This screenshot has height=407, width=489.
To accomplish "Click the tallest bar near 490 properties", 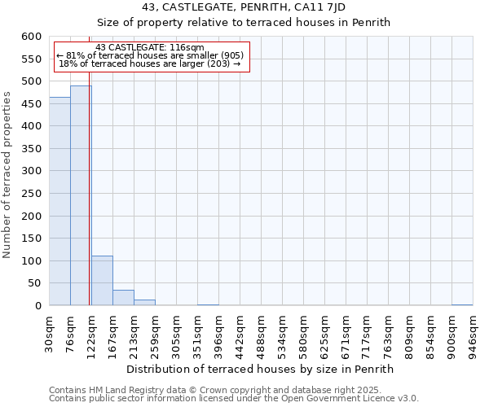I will tap(81, 195).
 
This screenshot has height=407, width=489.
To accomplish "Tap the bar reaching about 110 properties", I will tap(102, 281).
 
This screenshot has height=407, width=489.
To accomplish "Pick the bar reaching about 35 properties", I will tap(123, 298).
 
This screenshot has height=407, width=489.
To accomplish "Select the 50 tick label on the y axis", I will tap(34, 283).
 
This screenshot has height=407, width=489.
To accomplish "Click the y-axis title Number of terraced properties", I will tap(7, 175).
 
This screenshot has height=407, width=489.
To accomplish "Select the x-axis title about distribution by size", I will tap(261, 369).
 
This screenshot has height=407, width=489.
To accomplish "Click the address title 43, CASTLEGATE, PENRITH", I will tap(244, 7).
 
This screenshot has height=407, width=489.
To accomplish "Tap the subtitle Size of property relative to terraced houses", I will tap(244, 22).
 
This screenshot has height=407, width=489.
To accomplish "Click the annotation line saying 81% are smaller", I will tap(150, 55).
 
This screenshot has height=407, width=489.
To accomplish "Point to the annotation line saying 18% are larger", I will tap(150, 63).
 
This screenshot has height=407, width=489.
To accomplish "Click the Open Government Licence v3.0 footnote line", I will tap(234, 398).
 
